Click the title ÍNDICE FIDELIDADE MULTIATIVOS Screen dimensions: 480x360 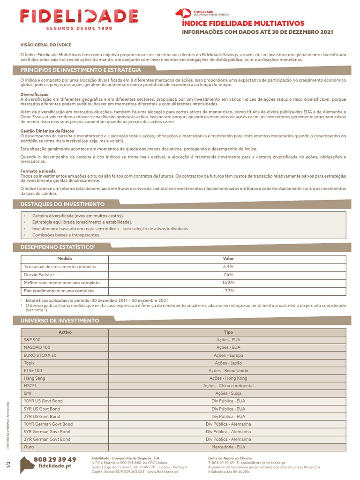(243, 23)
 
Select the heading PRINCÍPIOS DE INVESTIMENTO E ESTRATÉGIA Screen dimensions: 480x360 (81, 69)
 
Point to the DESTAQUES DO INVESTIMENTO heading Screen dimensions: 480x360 (62, 204)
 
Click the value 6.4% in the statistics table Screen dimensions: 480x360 (228, 266)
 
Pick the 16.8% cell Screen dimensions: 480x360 (228, 283)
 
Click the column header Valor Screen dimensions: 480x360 (228, 258)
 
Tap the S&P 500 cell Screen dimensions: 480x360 (32, 339)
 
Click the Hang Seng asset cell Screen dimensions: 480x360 (34, 378)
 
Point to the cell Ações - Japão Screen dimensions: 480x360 (228, 363)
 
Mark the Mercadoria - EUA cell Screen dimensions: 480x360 (228, 447)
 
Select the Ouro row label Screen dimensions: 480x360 (29, 447)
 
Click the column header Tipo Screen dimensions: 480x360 (228, 331)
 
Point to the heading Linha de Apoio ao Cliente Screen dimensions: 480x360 (230, 457)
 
